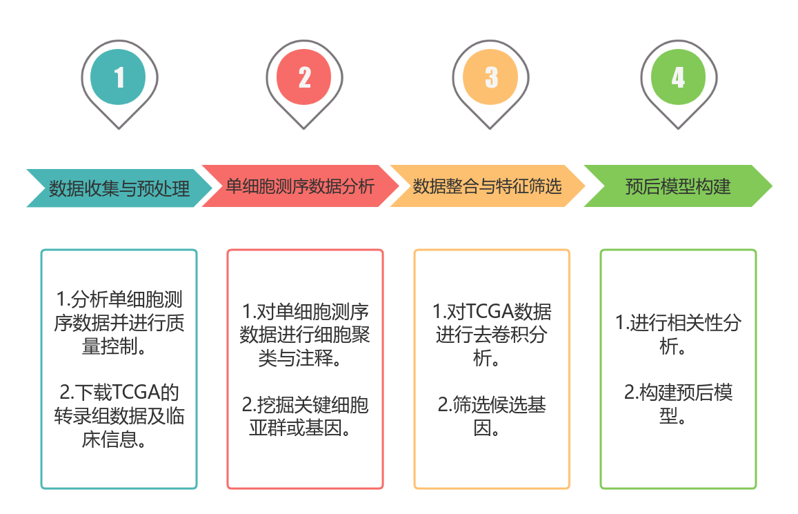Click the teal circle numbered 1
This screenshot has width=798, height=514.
click(119, 77)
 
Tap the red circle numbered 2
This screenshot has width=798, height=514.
click(305, 77)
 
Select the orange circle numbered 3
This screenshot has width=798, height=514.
click(491, 77)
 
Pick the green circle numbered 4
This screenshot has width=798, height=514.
click(678, 77)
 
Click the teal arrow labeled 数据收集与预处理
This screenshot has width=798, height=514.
click(119, 188)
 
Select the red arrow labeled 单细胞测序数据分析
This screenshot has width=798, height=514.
click(301, 186)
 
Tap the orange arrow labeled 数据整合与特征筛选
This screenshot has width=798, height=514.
click(487, 186)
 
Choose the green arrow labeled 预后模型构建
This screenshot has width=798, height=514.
click(678, 186)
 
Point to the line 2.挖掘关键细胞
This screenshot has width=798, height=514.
click(305, 404)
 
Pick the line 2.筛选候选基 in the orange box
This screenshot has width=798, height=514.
click(492, 404)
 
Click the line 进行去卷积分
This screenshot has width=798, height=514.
click(492, 335)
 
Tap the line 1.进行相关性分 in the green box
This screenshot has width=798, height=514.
click(678, 323)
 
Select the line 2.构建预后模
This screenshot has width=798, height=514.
click(678, 393)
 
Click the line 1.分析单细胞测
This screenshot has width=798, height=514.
click(119, 300)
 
